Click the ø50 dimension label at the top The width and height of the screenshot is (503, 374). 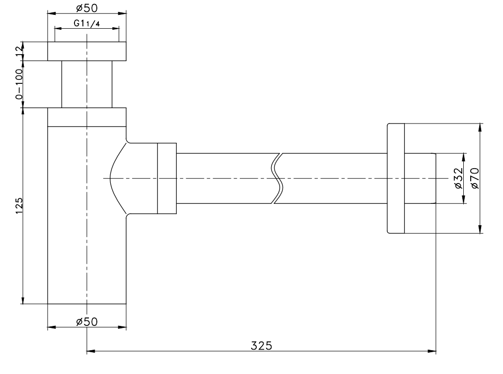86,8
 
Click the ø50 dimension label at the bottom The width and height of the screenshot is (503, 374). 86,321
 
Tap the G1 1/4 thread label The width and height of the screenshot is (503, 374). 86,23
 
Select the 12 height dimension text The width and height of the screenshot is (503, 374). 19,51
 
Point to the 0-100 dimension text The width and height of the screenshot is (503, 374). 19,84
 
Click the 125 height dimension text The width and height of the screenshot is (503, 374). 19,206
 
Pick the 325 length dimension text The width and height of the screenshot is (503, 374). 262,346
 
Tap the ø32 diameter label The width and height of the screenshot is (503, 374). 459,178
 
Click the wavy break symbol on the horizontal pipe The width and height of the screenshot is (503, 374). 277,178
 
